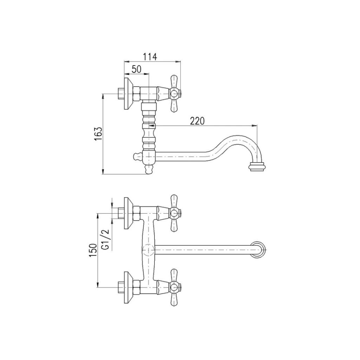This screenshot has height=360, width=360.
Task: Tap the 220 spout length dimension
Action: pos(197,121)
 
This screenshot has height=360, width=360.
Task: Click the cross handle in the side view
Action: pos(173,94)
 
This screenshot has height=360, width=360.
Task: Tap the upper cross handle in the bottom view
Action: pos(173,214)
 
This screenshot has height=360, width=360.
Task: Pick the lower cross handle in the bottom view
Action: pos(173,287)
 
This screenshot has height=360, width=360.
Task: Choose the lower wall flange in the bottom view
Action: pos(127,287)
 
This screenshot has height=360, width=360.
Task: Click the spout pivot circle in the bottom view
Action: pos(148,250)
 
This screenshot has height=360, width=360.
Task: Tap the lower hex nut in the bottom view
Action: pos(136,287)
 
